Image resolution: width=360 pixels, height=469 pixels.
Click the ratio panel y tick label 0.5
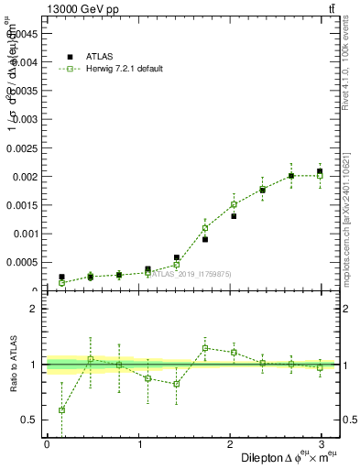(x=30, y=420)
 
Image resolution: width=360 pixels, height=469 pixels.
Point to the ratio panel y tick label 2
(x=34, y=309)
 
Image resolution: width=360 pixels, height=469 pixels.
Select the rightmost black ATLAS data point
(x=320, y=171)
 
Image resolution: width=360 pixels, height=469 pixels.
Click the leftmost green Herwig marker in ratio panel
(x=61, y=409)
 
